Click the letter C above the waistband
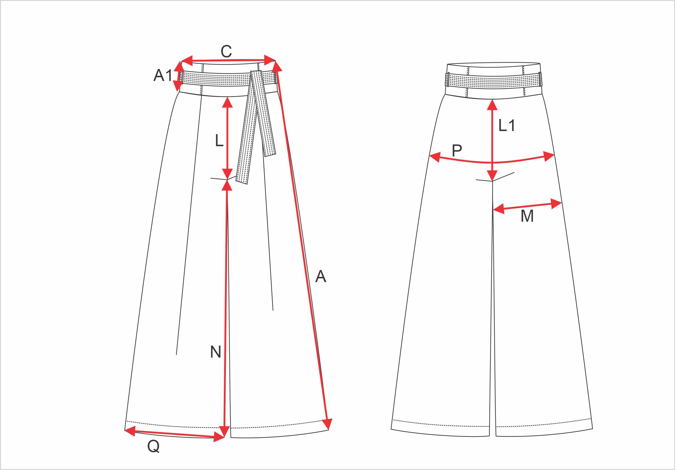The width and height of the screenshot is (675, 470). coord(226,52)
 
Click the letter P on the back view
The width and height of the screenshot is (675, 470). coord(457,151)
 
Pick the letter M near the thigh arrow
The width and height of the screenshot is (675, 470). coord(527,216)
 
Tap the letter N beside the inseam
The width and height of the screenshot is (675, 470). coord(216,352)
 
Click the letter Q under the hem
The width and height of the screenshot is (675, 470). coord(153,447)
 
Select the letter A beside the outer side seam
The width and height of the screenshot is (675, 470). coord(321,276)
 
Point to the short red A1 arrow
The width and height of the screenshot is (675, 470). coord(178,76)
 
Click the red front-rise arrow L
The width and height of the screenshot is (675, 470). coord(228,138)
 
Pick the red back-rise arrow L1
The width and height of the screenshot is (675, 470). coord(492,140)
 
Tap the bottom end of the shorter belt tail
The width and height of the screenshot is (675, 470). coord(270,155)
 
